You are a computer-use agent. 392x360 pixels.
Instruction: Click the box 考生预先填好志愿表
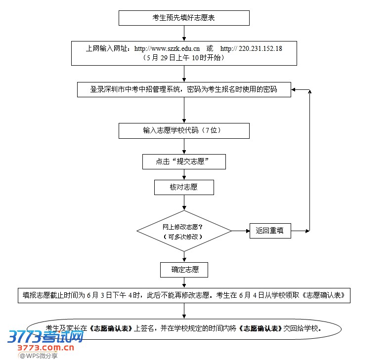tap(184, 18)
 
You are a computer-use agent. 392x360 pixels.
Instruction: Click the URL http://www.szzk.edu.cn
tap(167, 48)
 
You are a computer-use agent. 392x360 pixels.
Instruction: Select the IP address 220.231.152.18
tap(261, 48)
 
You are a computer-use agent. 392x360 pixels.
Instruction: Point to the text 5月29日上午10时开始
tap(183, 57)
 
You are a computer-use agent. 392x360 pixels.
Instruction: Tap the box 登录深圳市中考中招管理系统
tap(184, 89)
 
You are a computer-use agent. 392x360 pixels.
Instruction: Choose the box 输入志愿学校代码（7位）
tap(184, 131)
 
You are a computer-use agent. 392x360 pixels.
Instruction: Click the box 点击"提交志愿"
tap(184, 161)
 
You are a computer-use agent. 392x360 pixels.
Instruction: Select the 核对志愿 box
tap(184, 187)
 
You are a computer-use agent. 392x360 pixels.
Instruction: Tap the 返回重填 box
tap(270, 231)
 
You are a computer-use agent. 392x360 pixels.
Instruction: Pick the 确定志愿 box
tap(184, 270)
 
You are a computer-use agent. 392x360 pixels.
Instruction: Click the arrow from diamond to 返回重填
tap(240, 231)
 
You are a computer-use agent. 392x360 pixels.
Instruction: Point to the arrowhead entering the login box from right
tap(295, 90)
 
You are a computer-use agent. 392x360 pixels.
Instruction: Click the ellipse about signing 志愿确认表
tap(184, 328)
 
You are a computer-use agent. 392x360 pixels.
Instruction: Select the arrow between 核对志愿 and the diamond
tap(184, 202)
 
